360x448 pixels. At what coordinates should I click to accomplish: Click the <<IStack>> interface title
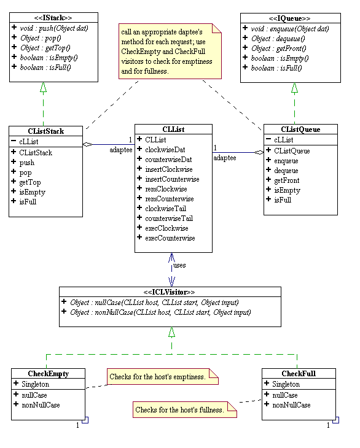53,18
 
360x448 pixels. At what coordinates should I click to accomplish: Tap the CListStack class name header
46,131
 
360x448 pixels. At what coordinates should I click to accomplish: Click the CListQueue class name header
300,129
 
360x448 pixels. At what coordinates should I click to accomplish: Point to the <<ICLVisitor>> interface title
170,292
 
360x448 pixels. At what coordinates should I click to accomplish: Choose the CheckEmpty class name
48,374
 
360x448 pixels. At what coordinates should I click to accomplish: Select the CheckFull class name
299,374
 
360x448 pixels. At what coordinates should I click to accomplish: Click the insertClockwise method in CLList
168,169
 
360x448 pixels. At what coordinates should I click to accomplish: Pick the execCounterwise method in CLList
170,238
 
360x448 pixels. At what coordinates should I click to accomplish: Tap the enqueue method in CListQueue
286,160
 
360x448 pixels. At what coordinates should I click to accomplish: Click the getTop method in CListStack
29,182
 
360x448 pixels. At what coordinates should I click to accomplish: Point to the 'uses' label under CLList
179,265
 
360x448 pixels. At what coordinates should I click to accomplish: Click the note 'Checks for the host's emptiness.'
162,376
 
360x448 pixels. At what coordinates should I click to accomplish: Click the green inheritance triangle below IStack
44,88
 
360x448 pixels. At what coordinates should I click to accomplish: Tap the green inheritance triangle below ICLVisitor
171,332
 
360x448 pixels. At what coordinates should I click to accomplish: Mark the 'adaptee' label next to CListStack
119,149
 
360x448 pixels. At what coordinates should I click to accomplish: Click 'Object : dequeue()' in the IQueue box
283,37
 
